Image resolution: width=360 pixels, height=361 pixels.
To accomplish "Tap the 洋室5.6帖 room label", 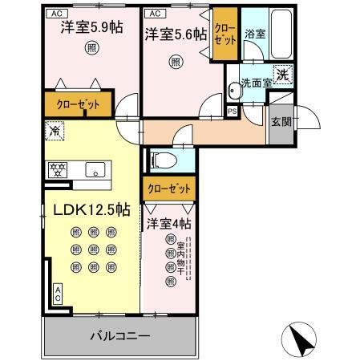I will point(176,35).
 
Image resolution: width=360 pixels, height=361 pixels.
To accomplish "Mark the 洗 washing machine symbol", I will point(283,75).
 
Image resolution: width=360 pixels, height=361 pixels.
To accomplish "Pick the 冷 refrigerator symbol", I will point(54,128).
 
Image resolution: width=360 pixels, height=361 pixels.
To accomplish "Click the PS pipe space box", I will point(233,112).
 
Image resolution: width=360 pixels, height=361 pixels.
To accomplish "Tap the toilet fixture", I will point(160,159).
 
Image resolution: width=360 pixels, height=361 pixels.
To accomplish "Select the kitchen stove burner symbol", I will point(58,169).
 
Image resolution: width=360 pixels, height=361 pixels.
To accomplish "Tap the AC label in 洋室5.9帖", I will point(57,14).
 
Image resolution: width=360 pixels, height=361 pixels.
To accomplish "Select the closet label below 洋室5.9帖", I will point(79,103).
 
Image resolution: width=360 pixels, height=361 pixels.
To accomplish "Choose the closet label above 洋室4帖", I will point(169,189).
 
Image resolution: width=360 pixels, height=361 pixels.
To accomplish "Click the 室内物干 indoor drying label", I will point(190,261).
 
